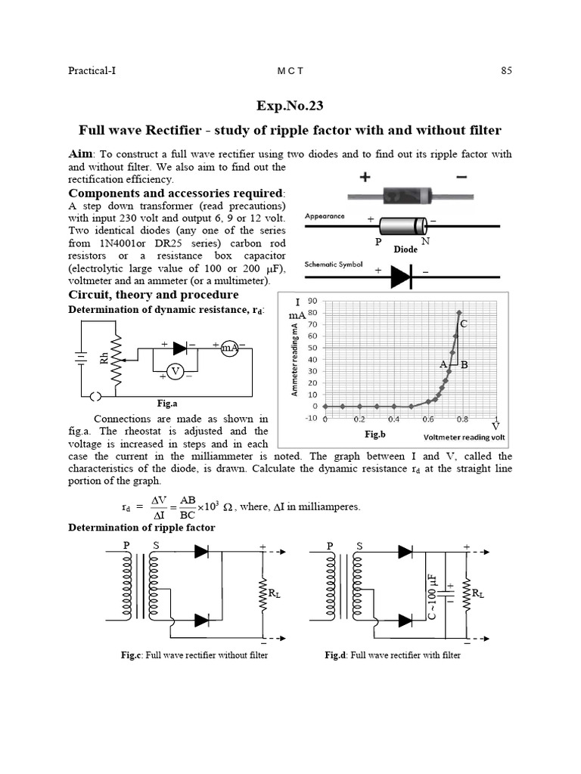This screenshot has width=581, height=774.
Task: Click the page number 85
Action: click(506, 71)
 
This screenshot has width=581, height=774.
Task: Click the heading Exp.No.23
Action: click(290, 107)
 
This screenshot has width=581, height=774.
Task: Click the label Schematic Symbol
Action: click(334, 265)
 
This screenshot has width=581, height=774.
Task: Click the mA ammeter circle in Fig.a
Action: click(229, 348)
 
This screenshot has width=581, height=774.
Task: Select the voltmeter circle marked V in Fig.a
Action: click(176, 371)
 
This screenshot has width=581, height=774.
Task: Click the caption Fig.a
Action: click(166, 404)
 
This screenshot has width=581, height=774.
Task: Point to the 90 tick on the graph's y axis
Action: click(312, 301)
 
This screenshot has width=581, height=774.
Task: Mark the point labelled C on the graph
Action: click(463, 324)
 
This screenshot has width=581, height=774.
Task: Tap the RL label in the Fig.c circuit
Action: click(273, 594)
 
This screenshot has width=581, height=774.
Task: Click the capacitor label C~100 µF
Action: click(432, 595)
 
